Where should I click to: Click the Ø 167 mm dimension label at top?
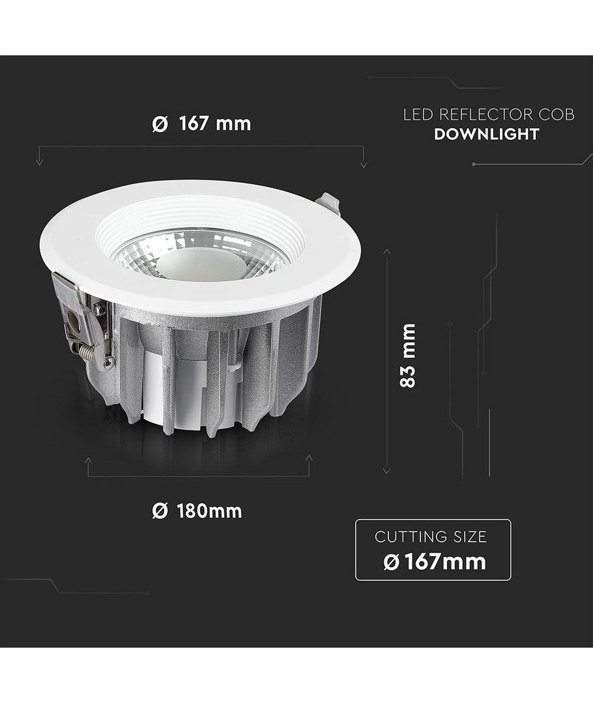[x=201, y=123]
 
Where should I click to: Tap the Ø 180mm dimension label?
[x=197, y=511]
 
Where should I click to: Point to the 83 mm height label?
[x=407, y=355]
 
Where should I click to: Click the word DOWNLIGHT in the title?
[x=487, y=134]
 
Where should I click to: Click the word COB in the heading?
[x=557, y=115]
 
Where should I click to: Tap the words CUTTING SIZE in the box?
[x=431, y=536]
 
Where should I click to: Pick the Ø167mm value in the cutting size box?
[x=435, y=562]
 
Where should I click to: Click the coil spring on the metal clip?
[x=93, y=353]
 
